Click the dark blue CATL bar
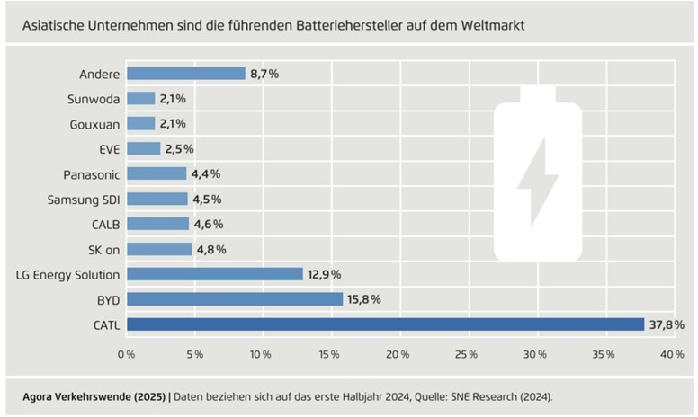[385, 324]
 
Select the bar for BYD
[235, 299]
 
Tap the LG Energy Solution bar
[215, 274]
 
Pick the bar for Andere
[186, 74]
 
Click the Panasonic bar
[157, 173]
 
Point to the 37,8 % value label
[667, 324]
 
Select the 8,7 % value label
[264, 74]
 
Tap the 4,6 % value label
[208, 224]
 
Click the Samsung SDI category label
[85, 199]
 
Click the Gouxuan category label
[94, 124]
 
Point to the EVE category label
[108, 148]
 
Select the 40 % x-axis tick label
[672, 355]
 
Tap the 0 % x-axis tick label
[127, 355]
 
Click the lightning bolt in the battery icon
[538, 174]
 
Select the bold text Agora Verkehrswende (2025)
[92, 395]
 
